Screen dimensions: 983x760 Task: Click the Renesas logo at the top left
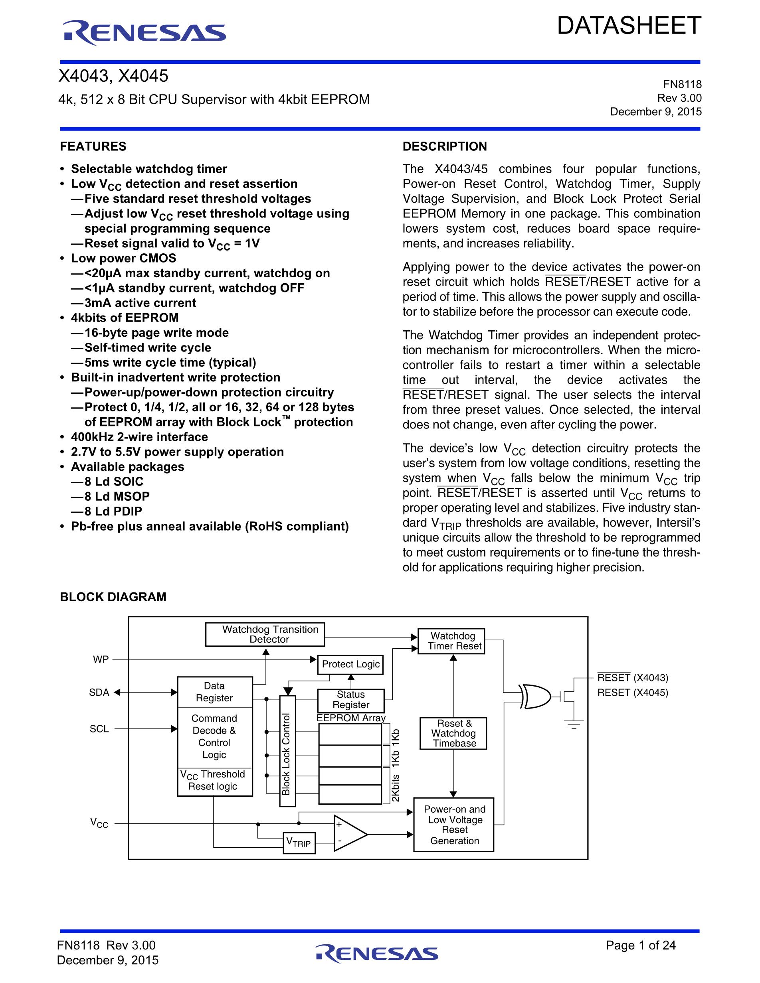pyautogui.click(x=144, y=33)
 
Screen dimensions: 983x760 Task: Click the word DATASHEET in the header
pyautogui.click(x=629, y=26)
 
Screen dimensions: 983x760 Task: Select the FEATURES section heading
pyautogui.click(x=93, y=146)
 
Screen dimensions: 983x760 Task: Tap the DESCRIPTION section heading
pyautogui.click(x=444, y=146)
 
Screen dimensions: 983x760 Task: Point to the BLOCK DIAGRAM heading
pyautogui.click(x=113, y=597)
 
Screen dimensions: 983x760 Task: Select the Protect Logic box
pyautogui.click(x=350, y=664)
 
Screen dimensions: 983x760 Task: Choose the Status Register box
pyautogui.click(x=351, y=700)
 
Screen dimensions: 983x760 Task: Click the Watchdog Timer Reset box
pyautogui.click(x=451, y=641)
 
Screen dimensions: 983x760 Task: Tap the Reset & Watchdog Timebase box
pyautogui.click(x=453, y=733)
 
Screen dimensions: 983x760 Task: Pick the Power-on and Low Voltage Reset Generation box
pyautogui.click(x=453, y=825)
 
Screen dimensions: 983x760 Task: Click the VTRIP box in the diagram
pyautogui.click(x=299, y=843)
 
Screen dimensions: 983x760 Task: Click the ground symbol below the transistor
pyautogui.click(x=574, y=724)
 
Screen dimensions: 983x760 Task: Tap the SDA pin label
pyautogui.click(x=99, y=693)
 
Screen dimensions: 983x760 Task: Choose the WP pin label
pyautogui.click(x=101, y=659)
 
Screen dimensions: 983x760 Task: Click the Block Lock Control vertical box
pyautogui.click(x=288, y=750)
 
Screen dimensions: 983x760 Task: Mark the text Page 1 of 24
pyautogui.click(x=640, y=945)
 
